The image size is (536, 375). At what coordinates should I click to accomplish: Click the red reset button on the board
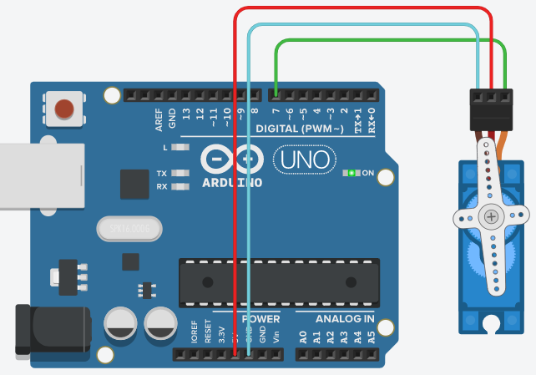63,108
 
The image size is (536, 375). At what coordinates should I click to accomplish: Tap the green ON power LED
352,174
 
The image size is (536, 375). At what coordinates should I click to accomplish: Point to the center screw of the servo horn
491,218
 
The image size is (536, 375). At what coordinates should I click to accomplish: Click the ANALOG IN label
345,319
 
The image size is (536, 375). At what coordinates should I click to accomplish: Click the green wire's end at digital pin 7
276,93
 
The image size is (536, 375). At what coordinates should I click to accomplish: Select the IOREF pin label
194,334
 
